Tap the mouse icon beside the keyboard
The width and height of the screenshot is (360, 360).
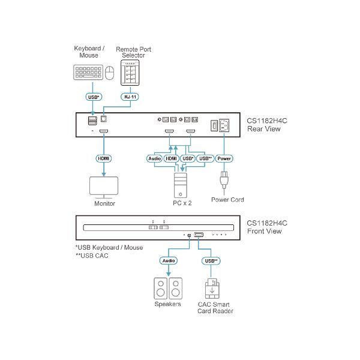pyautogui.click(x=109, y=73)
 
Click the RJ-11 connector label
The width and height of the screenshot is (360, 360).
pyautogui.click(x=129, y=96)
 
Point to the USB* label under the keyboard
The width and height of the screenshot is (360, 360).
pyautogui.click(x=93, y=96)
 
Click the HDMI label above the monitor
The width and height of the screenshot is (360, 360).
pyautogui.click(x=104, y=159)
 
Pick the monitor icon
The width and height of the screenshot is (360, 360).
pyautogui.click(x=103, y=186)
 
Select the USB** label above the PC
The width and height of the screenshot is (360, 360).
pyautogui.click(x=206, y=159)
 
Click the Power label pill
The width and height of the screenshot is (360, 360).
pyautogui.click(x=224, y=159)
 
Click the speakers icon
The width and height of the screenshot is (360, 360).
pyautogui.click(x=167, y=288)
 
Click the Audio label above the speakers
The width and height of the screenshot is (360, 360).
pyautogui.click(x=168, y=261)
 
